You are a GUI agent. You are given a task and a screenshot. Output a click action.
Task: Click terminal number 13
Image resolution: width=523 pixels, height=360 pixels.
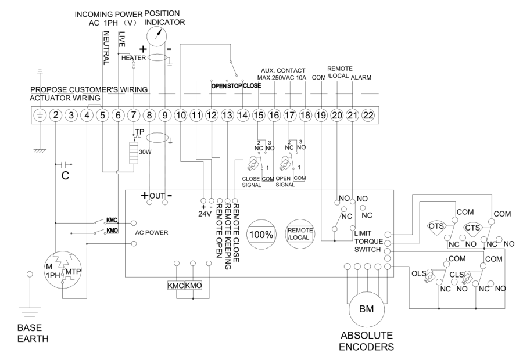coord(227,115)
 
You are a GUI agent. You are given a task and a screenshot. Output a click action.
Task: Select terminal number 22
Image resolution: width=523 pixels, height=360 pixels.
coord(367,115)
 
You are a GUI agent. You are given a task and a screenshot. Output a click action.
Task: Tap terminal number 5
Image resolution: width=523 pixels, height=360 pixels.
coord(102,115)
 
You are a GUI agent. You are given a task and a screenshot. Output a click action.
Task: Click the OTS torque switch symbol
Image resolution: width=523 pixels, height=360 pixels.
coord(436,226)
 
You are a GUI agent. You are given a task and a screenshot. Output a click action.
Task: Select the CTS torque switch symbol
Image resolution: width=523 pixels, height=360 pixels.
coord(474,226)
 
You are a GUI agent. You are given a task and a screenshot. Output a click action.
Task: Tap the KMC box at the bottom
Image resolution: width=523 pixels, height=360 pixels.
coord(175,286)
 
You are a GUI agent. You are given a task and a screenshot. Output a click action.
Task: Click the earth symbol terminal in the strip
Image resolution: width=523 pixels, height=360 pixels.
coord(40,115)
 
